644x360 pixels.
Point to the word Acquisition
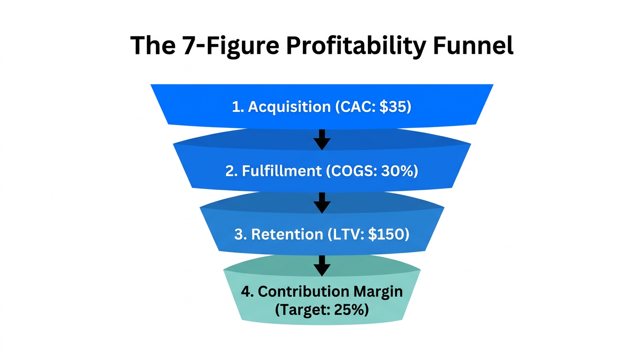point(289,107)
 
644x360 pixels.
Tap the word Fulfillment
point(282,171)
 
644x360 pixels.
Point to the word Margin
point(378,292)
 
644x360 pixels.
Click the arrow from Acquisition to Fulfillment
point(322,139)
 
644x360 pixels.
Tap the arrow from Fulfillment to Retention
point(322,202)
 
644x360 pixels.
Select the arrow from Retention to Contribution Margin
point(322,266)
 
